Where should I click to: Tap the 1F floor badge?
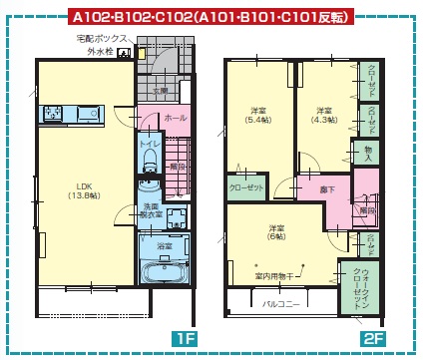[x=185, y=338]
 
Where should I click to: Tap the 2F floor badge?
[x=373, y=338]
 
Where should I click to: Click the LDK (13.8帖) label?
[x=81, y=189]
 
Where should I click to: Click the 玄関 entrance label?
[x=161, y=91]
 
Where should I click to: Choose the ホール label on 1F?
[x=175, y=117]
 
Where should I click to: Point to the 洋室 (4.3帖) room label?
[x=323, y=115]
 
